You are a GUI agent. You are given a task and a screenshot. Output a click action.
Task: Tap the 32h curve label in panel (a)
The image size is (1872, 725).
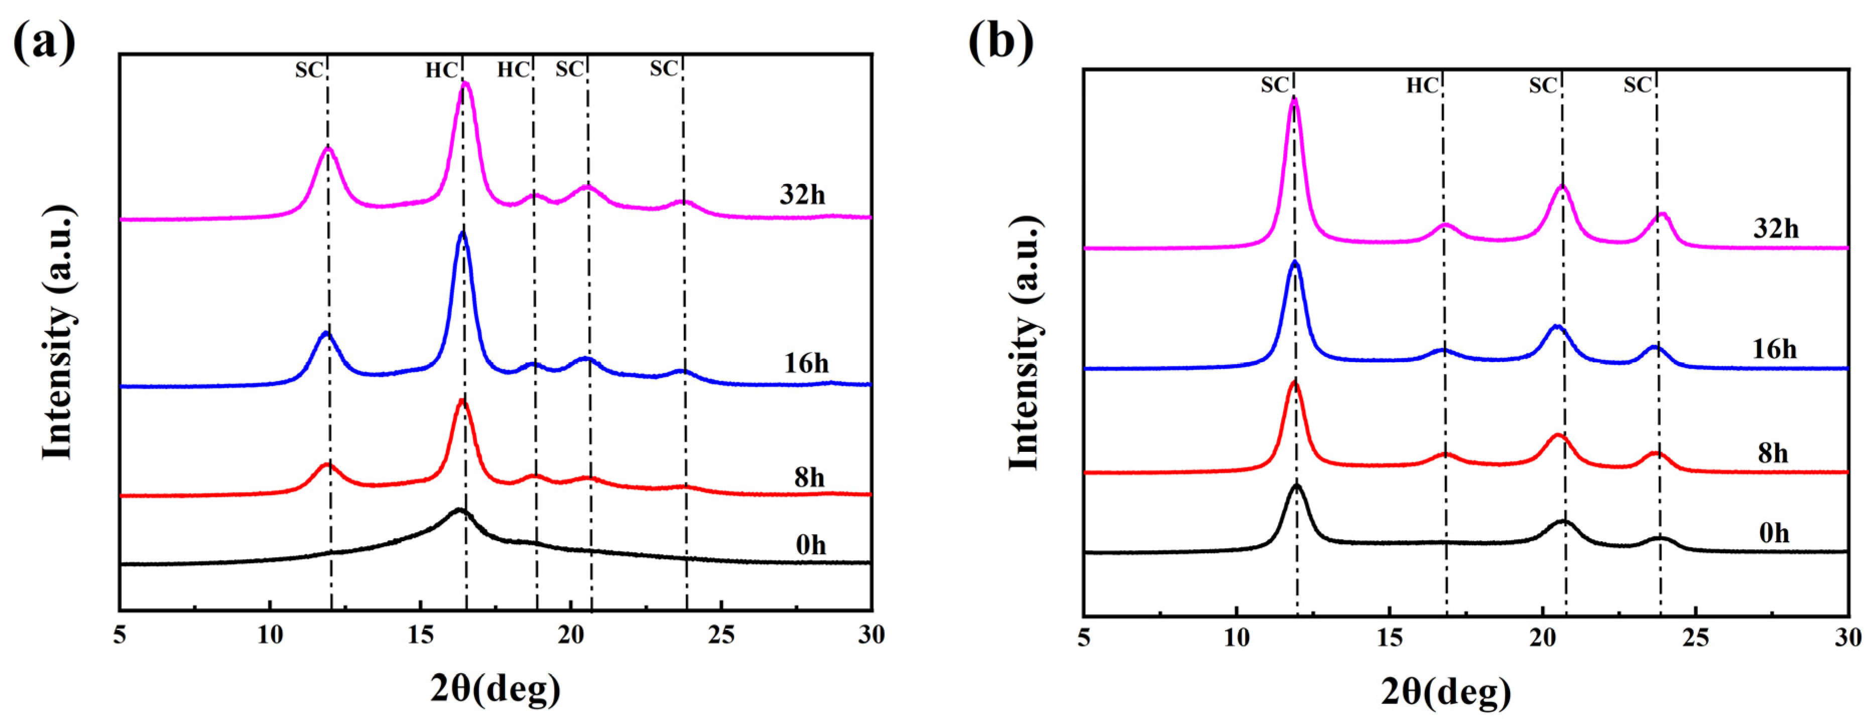pyautogui.click(x=802, y=195)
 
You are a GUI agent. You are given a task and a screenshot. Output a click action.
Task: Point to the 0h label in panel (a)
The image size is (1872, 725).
pyautogui.click(x=810, y=545)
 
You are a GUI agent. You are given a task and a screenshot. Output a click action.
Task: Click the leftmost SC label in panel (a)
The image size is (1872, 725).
pyautogui.click(x=308, y=70)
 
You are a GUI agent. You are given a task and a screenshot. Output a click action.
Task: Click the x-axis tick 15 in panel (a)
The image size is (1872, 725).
pyautogui.click(x=420, y=636)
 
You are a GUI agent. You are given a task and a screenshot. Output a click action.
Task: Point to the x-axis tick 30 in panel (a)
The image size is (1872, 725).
pyautogui.click(x=870, y=636)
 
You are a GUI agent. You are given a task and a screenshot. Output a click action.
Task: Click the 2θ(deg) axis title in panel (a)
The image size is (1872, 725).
pyautogui.click(x=495, y=688)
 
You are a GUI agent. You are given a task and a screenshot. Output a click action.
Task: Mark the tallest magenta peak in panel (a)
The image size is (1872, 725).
pyautogui.click(x=466, y=84)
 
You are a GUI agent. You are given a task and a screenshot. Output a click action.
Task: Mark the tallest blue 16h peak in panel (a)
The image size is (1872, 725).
pyautogui.click(x=462, y=232)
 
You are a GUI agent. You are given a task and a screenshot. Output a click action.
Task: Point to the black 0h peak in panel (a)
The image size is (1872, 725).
pyautogui.click(x=458, y=510)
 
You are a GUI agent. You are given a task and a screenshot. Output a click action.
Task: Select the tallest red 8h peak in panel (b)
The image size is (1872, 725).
pyautogui.click(x=1294, y=382)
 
